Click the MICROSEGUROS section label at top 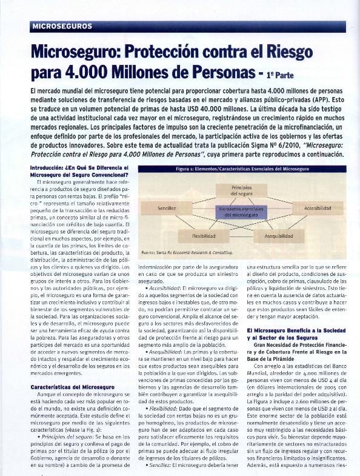62,27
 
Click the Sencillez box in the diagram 167,208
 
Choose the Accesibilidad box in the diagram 318,208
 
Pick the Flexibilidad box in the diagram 204,235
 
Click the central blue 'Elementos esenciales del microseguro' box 241,212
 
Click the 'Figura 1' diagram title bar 242,169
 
